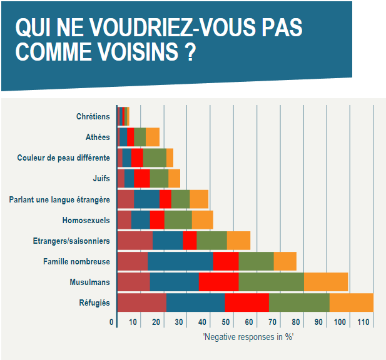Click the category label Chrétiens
coord(93,116)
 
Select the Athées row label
coord(98,137)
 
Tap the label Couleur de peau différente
coord(63,158)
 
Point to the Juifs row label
coord(101,179)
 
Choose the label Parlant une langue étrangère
coord(59,199)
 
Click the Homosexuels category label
coord(86,220)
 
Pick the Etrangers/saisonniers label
coord(71,241)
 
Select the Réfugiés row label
coord(94,302)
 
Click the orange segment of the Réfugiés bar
coord(351,302)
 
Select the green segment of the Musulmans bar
coord(271,282)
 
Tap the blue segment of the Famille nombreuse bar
coord(180,261)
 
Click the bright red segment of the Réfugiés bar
coord(246,302)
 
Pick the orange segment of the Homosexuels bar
coord(202,220)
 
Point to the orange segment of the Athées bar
coord(152,137)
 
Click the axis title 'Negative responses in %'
coord(248,337)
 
